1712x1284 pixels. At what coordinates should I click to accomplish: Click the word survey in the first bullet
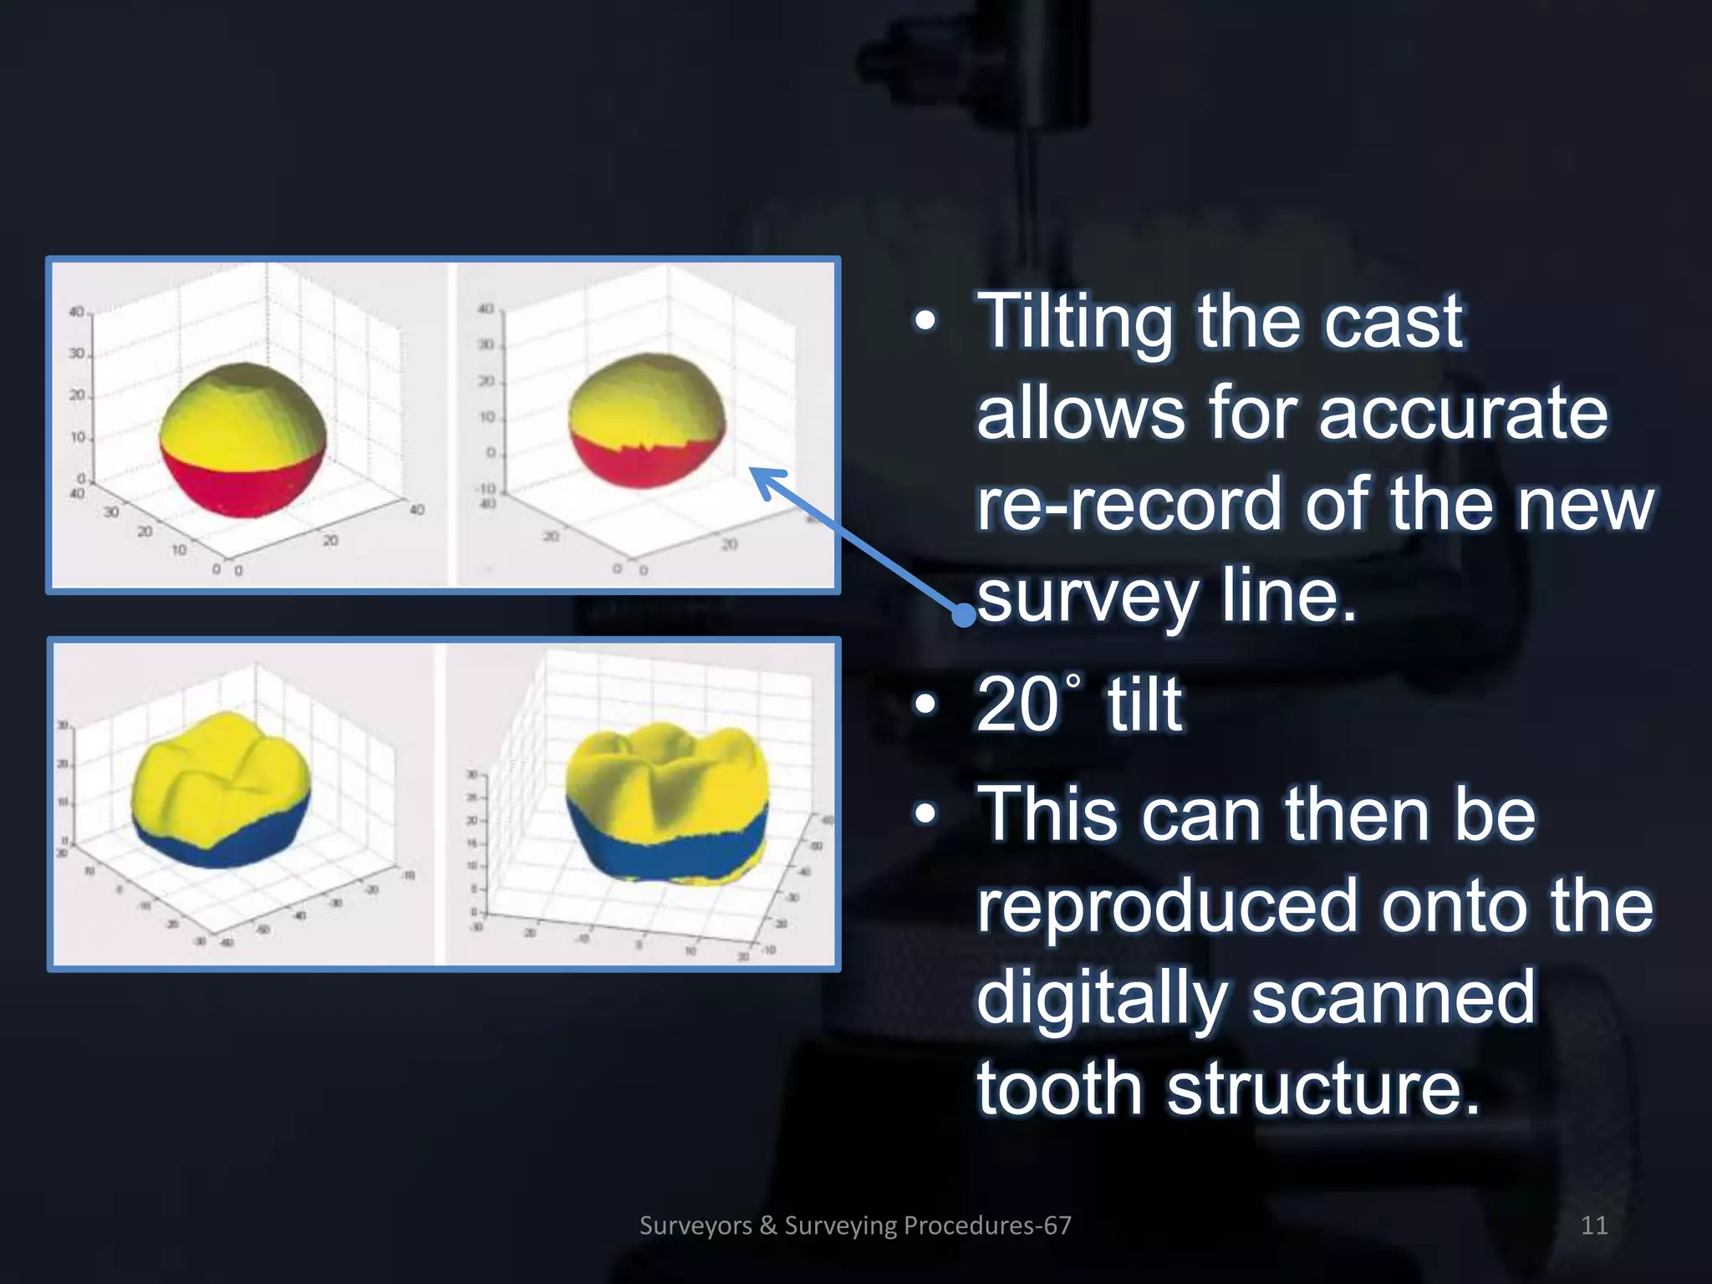pyautogui.click(x=1087, y=598)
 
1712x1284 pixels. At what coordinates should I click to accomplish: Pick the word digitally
pyautogui.click(x=1101, y=997)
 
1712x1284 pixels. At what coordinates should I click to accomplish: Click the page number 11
pyautogui.click(x=1594, y=1225)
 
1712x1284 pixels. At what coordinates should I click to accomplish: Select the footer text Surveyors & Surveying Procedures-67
pyautogui.click(x=855, y=1225)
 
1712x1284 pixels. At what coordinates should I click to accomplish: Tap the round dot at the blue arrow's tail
pyautogui.click(x=964, y=616)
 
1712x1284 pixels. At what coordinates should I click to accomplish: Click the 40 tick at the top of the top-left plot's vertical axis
pyautogui.click(x=76, y=312)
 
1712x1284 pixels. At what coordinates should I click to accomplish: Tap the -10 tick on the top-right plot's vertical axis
pyautogui.click(x=487, y=488)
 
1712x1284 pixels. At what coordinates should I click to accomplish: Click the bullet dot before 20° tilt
pyautogui.click(x=925, y=705)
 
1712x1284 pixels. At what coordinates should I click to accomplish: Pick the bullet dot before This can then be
pyautogui.click(x=925, y=814)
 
